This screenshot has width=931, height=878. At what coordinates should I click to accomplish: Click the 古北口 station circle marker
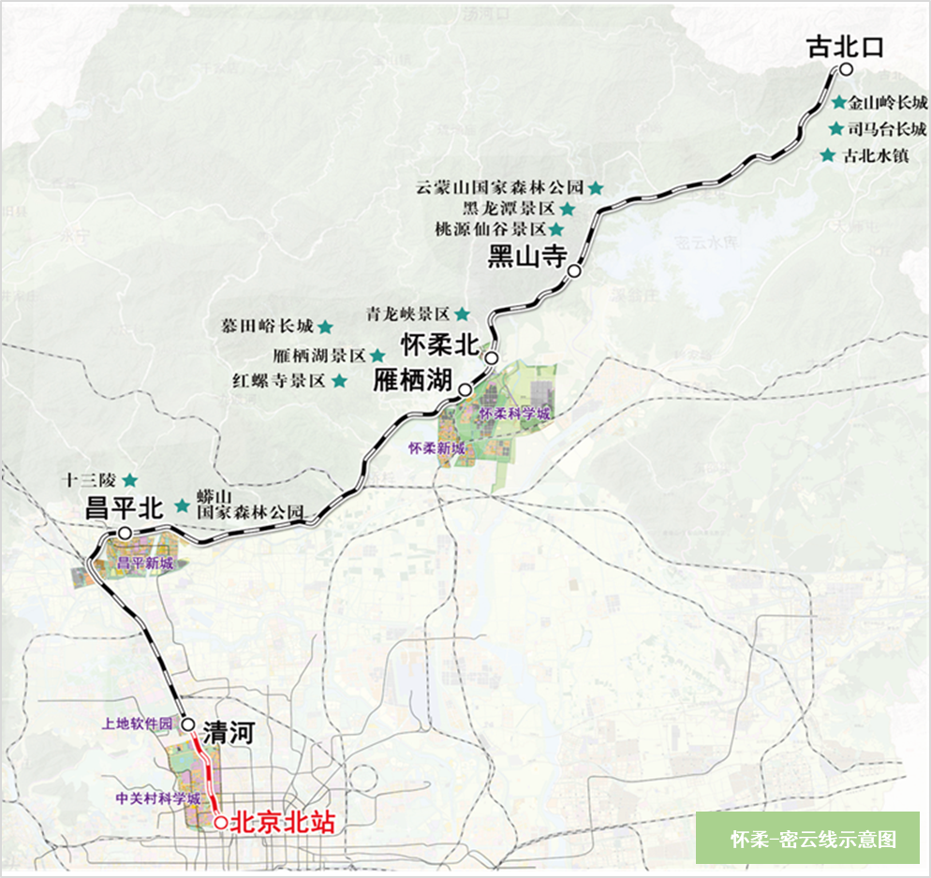[845, 70]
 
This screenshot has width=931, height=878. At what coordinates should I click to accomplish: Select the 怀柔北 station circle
[491, 357]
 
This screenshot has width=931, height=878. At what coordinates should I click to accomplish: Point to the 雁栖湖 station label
[413, 381]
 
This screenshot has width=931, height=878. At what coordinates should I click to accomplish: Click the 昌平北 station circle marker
[125, 532]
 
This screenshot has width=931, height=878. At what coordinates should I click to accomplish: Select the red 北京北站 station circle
[220, 823]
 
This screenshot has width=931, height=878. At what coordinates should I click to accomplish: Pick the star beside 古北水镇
[827, 155]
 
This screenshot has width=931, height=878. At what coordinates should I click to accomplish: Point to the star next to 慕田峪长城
[325, 327]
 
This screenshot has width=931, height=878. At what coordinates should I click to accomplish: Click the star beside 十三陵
[130, 479]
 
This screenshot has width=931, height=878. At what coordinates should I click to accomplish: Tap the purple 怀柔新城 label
[436, 448]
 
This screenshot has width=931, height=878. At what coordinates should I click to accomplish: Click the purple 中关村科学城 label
[158, 799]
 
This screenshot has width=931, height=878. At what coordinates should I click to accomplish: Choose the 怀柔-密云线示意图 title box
[807, 838]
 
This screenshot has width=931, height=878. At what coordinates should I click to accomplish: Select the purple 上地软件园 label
[138, 724]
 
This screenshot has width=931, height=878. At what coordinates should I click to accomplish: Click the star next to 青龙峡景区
[461, 314]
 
